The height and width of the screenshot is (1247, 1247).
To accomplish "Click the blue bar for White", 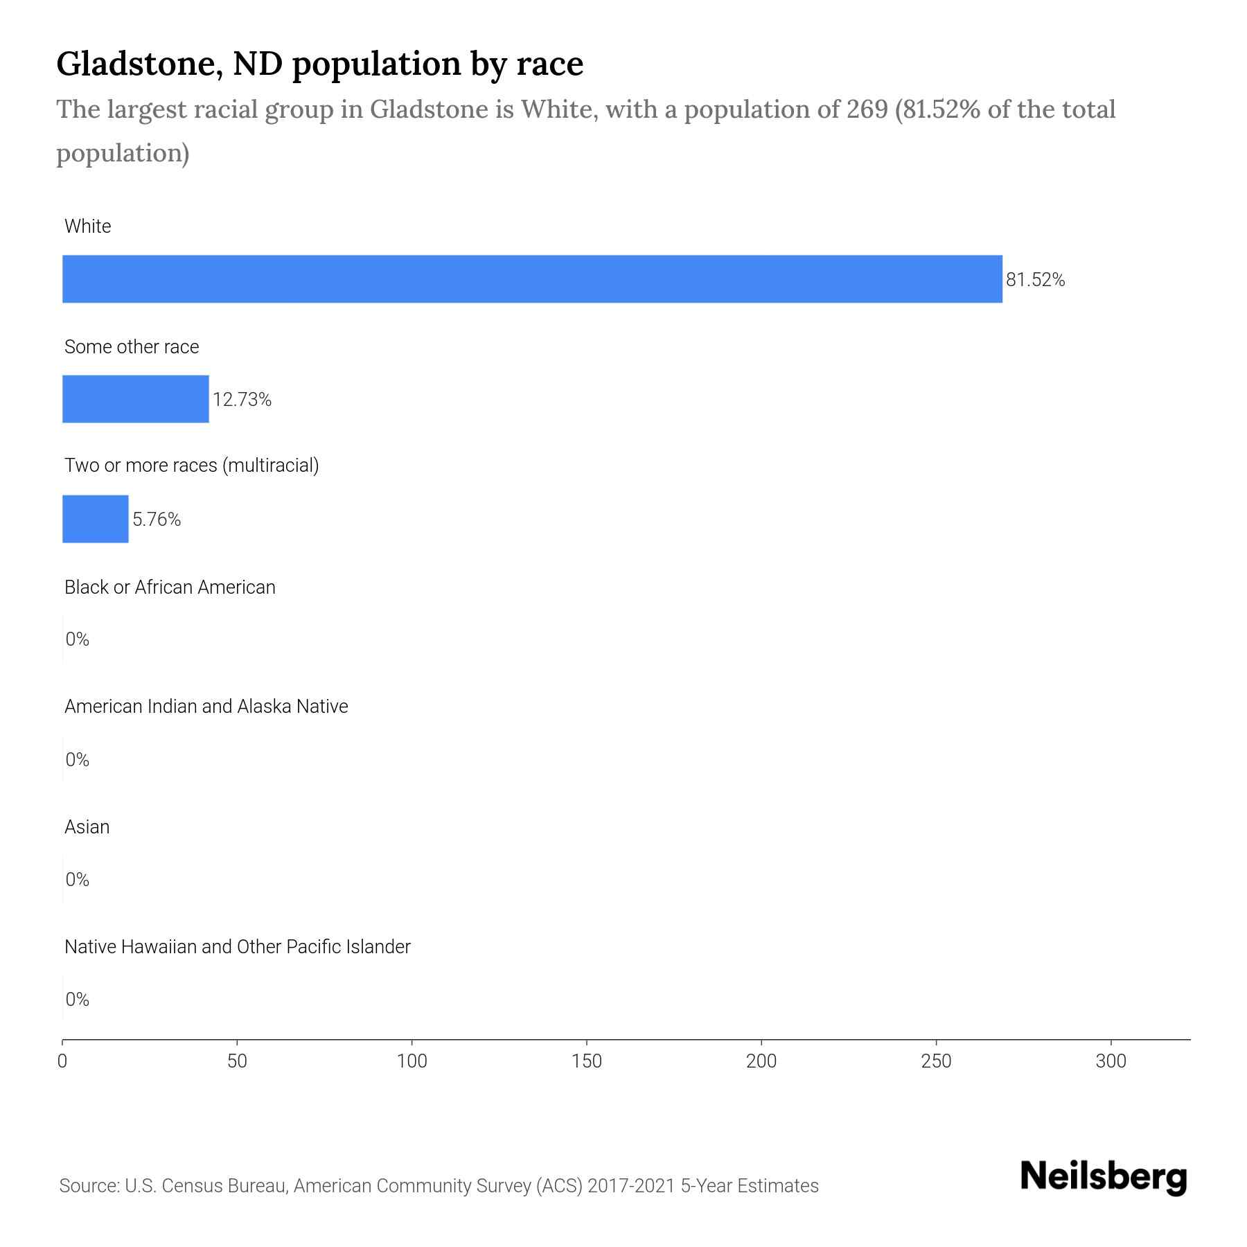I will [x=532, y=279].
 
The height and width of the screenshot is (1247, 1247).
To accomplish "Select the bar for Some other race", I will [x=136, y=399].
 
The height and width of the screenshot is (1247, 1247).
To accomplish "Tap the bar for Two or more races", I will [x=96, y=519].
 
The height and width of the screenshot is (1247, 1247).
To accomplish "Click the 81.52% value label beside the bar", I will [x=1035, y=280].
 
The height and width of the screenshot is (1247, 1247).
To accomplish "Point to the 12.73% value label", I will [x=242, y=400].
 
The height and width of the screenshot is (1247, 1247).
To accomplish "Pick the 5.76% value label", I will [x=157, y=520].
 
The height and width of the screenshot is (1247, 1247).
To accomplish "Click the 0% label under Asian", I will [x=78, y=880].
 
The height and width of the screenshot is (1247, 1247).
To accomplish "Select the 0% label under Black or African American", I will [x=78, y=639].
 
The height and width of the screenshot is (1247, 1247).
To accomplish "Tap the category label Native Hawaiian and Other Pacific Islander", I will [x=237, y=947].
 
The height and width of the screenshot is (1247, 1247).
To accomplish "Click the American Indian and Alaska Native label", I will [x=206, y=707].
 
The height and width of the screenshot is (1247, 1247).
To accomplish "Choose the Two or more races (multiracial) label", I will [x=191, y=466].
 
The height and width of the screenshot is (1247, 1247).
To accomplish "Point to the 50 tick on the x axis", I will [x=238, y=1061].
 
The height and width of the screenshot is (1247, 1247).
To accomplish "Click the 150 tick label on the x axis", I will [x=587, y=1061].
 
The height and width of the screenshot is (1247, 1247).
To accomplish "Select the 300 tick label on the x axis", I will [x=1111, y=1061].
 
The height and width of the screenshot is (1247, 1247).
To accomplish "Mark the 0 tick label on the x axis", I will [x=62, y=1061].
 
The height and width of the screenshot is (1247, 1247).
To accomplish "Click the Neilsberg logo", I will [x=1104, y=1177].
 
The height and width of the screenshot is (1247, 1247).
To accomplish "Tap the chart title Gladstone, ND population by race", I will [x=319, y=64].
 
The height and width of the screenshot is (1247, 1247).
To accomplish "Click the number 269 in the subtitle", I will [x=867, y=109].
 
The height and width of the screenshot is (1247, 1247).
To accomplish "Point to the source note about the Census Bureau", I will [x=439, y=1186].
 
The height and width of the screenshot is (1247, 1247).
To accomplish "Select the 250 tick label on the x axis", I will [x=936, y=1061].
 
